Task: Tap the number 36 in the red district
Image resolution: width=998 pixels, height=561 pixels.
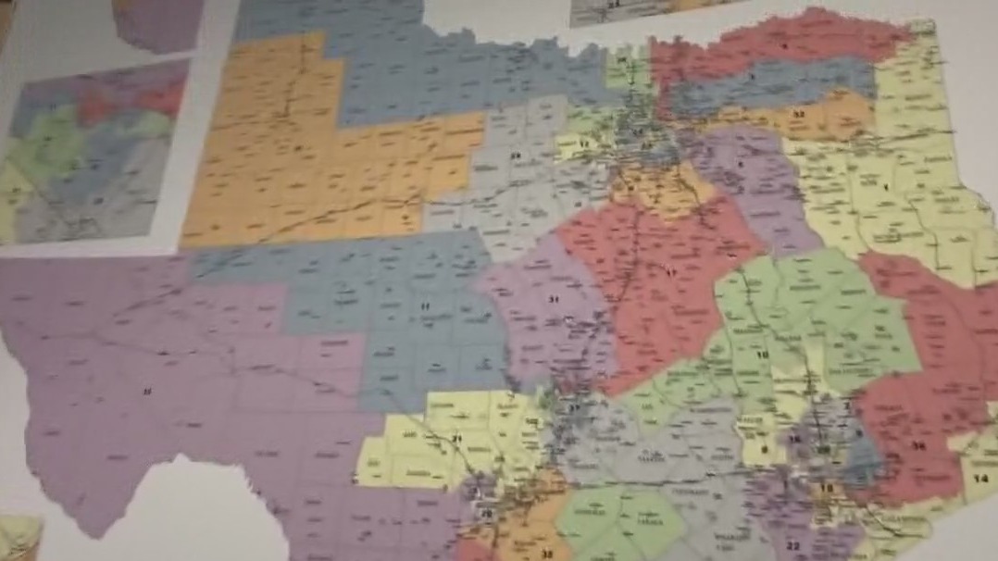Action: pos(918,446)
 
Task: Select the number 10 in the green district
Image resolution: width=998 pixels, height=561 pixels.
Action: pos(764,355)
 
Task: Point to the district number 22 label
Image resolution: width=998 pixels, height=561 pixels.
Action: pos(793,545)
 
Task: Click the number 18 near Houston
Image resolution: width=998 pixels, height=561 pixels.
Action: pos(827,488)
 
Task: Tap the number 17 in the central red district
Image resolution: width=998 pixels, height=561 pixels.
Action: pos(669,272)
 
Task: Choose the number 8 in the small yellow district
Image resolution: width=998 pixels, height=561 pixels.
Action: pos(765,450)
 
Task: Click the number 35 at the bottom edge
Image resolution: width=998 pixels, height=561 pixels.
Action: pos(546,555)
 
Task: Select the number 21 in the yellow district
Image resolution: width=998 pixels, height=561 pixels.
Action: pos(456,438)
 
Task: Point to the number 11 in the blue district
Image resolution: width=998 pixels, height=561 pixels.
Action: pos(425,306)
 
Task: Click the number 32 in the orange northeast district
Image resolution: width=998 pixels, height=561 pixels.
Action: pos(798,115)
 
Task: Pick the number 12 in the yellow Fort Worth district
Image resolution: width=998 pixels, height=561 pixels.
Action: pos(584,146)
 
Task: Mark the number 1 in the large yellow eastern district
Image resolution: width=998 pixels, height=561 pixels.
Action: pos(886,188)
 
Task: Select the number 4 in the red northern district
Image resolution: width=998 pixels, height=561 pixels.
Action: pos(784,44)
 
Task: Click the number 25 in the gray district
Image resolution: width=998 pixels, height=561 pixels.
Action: pos(516,156)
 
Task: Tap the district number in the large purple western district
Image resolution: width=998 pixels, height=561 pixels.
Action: pos(146,393)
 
